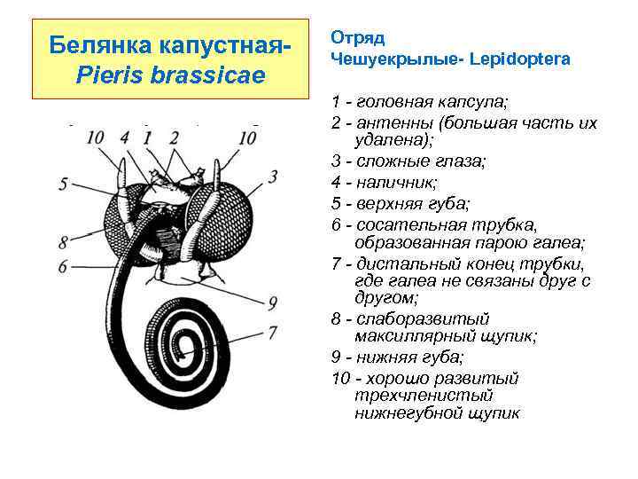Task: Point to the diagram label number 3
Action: coord(274,176)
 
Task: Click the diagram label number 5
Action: coord(63,184)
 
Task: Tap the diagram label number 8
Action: coord(63,241)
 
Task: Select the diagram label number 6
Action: coord(63,266)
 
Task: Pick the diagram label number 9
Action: coord(274,302)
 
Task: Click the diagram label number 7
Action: coord(274,332)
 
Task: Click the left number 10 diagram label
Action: coord(96,137)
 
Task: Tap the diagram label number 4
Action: coord(124,137)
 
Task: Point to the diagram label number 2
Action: coord(174,137)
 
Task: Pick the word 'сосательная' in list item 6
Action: coord(404,224)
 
